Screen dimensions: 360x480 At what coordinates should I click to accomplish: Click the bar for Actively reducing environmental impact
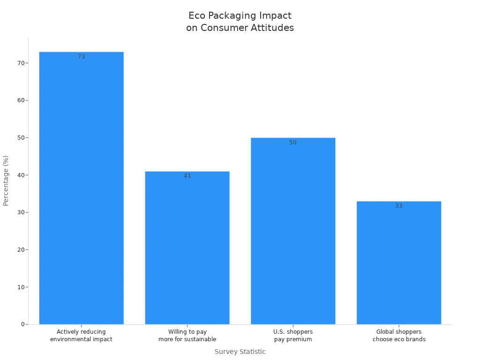point(81,187)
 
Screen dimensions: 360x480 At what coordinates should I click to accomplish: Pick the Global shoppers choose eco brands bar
point(398,262)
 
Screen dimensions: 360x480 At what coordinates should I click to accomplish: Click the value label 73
point(82,57)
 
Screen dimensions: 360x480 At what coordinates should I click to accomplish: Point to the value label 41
point(187,176)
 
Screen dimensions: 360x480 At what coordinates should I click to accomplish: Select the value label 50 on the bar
point(293,142)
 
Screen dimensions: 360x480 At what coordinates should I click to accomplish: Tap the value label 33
point(399,206)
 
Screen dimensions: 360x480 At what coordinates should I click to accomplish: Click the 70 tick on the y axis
point(21,63)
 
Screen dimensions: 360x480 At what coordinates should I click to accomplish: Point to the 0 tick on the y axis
point(22,324)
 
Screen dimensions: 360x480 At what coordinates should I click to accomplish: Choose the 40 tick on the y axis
point(21,175)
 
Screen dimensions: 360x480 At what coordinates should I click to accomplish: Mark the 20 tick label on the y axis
point(21,250)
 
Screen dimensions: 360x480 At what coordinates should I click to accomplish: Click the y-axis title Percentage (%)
point(6,180)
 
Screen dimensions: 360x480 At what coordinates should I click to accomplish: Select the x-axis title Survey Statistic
point(240,352)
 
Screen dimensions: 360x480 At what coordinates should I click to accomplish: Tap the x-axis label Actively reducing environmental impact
point(81,336)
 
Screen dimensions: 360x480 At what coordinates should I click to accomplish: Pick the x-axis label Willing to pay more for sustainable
point(187,336)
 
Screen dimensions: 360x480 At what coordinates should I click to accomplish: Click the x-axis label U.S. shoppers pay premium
point(293,336)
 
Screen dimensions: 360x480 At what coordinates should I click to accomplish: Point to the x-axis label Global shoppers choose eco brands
point(399,336)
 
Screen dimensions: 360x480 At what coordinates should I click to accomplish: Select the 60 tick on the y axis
point(21,100)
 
